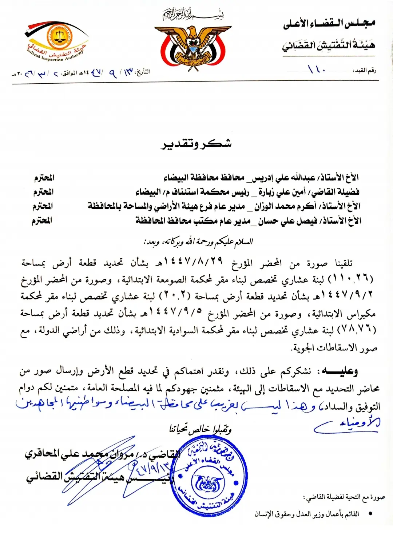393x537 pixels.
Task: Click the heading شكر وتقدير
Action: coord(196,144)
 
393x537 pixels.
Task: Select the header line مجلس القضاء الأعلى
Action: coord(329,24)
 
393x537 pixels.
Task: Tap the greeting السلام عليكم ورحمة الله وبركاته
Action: coord(198,242)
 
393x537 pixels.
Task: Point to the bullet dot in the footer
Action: coord(370,514)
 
